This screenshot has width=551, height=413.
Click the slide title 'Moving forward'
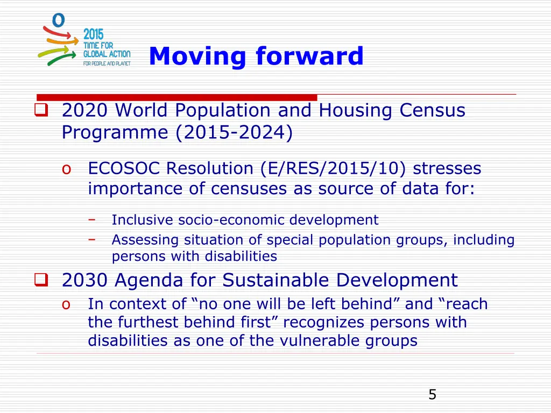click(x=256, y=56)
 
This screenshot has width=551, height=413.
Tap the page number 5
click(x=432, y=395)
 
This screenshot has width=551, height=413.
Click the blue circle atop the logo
click(x=58, y=20)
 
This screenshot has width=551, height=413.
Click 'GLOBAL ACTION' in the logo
click(x=107, y=54)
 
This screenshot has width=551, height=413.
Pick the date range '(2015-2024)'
click(x=234, y=132)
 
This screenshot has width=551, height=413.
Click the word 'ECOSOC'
click(x=124, y=169)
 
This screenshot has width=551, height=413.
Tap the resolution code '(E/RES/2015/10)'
click(x=334, y=169)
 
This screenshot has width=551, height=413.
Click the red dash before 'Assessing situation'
click(x=92, y=239)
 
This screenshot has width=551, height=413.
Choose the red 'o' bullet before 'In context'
click(x=66, y=304)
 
